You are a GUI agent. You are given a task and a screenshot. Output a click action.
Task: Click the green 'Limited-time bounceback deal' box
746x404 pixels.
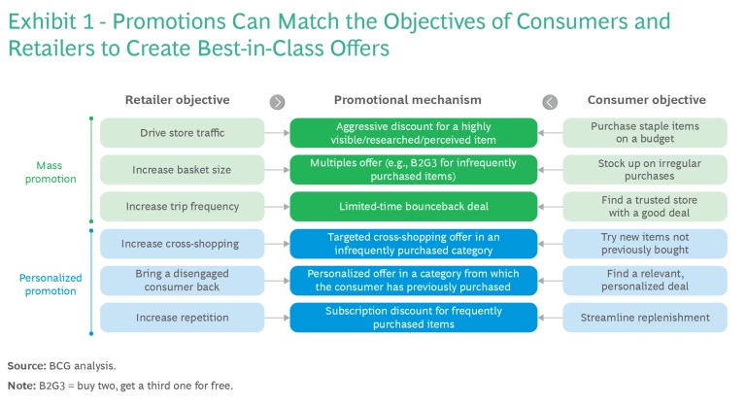pos(413,207)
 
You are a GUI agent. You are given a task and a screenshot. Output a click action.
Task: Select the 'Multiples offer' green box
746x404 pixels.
pos(413,170)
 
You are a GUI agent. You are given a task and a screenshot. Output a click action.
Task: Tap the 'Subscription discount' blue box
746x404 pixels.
pos(413,318)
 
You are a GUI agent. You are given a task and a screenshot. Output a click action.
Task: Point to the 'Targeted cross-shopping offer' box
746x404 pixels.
pos(413,244)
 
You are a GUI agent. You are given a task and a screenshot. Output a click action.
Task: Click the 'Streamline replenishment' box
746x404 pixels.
pos(646,318)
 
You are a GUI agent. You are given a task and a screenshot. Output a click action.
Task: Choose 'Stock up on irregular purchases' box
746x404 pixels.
pos(646,170)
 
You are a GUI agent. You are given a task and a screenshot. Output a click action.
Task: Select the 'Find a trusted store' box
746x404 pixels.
pos(646,207)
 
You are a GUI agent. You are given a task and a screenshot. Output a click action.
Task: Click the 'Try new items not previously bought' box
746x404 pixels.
pos(646,244)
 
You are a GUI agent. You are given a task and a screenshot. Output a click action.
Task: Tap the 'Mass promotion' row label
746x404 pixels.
pos(49,172)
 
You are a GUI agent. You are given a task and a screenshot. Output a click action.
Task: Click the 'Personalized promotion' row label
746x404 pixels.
pos(49,283)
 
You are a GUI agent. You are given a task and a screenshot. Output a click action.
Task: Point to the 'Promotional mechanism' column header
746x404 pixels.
pos(407,100)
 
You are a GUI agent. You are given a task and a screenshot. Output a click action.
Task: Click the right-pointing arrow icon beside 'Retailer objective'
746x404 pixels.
pos(278,101)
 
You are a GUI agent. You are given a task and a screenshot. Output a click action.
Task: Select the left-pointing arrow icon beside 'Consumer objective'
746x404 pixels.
pos(550,101)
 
